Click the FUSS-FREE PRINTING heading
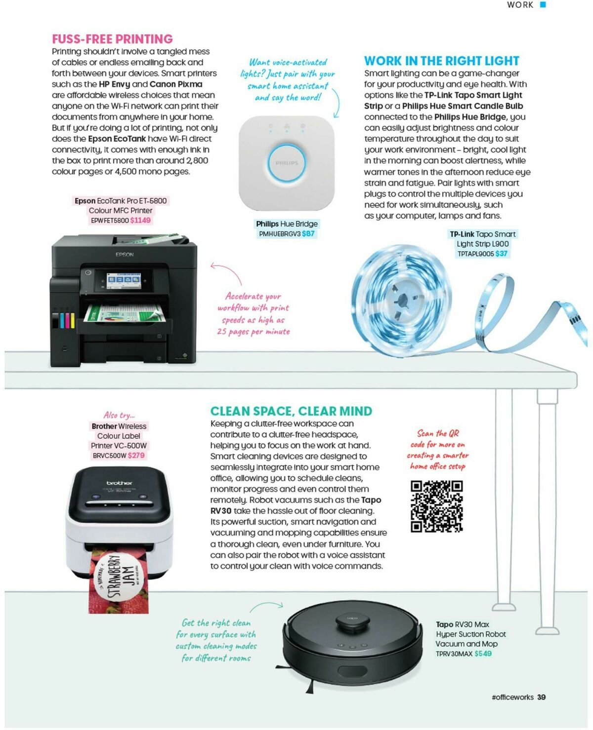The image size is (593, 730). pos(112,39)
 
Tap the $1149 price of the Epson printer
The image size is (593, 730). pos(140,220)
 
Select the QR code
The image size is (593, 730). pos(436,506)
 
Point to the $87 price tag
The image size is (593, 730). pos(308,233)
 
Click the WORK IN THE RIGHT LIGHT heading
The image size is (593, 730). pos(441,61)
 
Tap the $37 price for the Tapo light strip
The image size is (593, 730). pos(502,253)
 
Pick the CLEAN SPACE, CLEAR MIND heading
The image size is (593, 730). pos(291,411)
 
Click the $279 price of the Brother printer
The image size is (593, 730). pos(136,455)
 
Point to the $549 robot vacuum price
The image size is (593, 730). pos(483,653)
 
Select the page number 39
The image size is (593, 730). pos(542,697)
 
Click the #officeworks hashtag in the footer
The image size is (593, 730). pos(512,697)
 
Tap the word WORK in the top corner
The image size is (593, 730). pos(520,5)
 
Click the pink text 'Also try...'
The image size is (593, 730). pos(119,415)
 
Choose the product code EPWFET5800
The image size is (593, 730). pos(110,220)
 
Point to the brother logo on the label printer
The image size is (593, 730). pos(119,482)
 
